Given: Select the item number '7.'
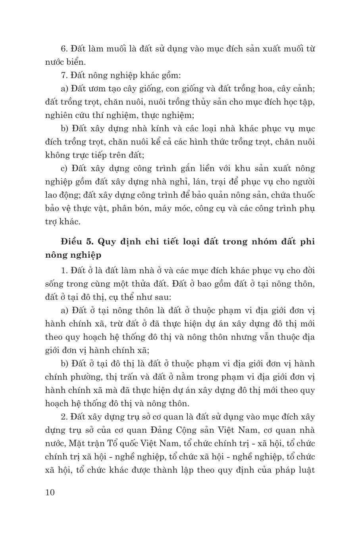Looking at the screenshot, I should (x=64, y=75).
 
